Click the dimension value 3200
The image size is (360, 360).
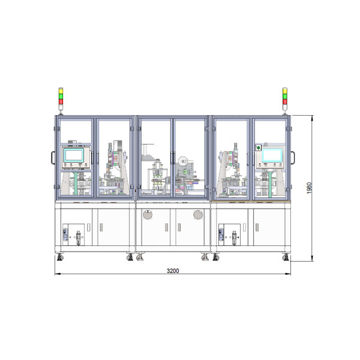pos(173,271)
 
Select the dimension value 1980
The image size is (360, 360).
pos(309,188)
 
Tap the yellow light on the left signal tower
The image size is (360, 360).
pos(61,91)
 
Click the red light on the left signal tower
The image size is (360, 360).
pos(61,101)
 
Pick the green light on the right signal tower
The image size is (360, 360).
pos(284,97)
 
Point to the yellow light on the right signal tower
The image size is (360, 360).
pos(284,91)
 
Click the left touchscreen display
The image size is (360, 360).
pos(74,155)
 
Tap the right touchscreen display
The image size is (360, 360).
pos(272,155)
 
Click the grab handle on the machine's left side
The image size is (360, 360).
pos(53,157)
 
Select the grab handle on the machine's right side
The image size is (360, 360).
pos(293,157)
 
